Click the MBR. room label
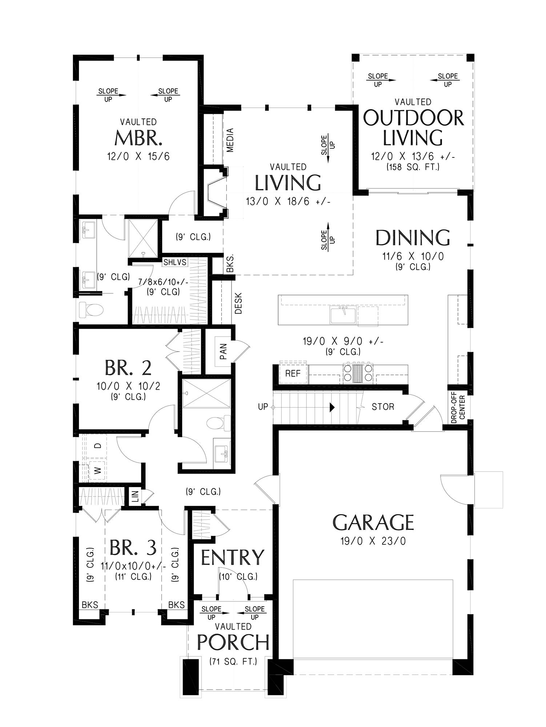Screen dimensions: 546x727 tap(138, 138)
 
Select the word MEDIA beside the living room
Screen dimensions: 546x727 tap(230, 140)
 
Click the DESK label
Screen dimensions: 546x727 tap(238, 303)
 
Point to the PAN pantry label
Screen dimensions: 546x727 tap(224, 352)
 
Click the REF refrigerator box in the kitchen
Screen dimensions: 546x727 tap(293, 373)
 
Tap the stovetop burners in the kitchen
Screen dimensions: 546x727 tap(358, 373)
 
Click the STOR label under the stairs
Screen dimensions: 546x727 tap(383, 407)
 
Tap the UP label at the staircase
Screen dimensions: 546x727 tap(263, 407)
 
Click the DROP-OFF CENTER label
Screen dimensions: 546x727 tap(458, 407)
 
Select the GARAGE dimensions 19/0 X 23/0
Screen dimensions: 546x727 tap(373, 541)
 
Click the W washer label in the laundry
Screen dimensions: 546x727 tap(97, 471)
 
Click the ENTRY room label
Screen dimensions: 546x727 tap(233, 557)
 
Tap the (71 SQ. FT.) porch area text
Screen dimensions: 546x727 tap(233, 662)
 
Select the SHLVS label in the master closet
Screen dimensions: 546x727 tap(175, 262)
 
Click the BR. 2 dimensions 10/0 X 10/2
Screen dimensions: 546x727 tap(128, 386)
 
